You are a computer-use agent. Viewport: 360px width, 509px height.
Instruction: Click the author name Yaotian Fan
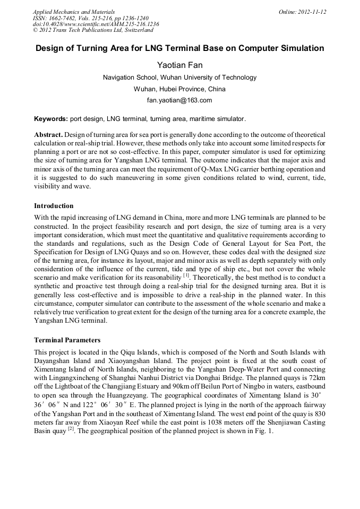click(x=179, y=65)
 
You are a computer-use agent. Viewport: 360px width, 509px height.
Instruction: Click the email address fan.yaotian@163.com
click(x=179, y=100)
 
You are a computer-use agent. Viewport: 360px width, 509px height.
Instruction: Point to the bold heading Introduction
click(x=54, y=205)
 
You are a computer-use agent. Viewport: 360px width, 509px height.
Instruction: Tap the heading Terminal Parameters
click(x=67, y=340)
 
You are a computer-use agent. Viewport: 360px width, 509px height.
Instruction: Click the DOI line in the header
click(x=96, y=24)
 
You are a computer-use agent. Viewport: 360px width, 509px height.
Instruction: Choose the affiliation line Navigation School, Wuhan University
click(x=179, y=77)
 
